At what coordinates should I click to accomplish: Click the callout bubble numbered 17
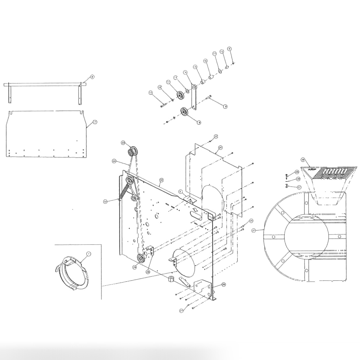(151, 93)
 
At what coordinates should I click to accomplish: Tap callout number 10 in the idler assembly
(160, 87)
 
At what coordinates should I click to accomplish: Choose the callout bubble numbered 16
(205, 61)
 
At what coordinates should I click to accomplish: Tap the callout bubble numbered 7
(95, 122)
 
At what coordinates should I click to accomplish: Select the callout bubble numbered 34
(114, 161)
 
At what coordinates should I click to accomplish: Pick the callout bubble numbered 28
(148, 272)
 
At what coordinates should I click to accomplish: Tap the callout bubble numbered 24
(220, 148)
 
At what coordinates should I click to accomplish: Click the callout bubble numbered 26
(223, 284)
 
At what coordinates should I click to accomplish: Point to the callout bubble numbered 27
(181, 310)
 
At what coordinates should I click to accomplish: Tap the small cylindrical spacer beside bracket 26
(171, 280)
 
